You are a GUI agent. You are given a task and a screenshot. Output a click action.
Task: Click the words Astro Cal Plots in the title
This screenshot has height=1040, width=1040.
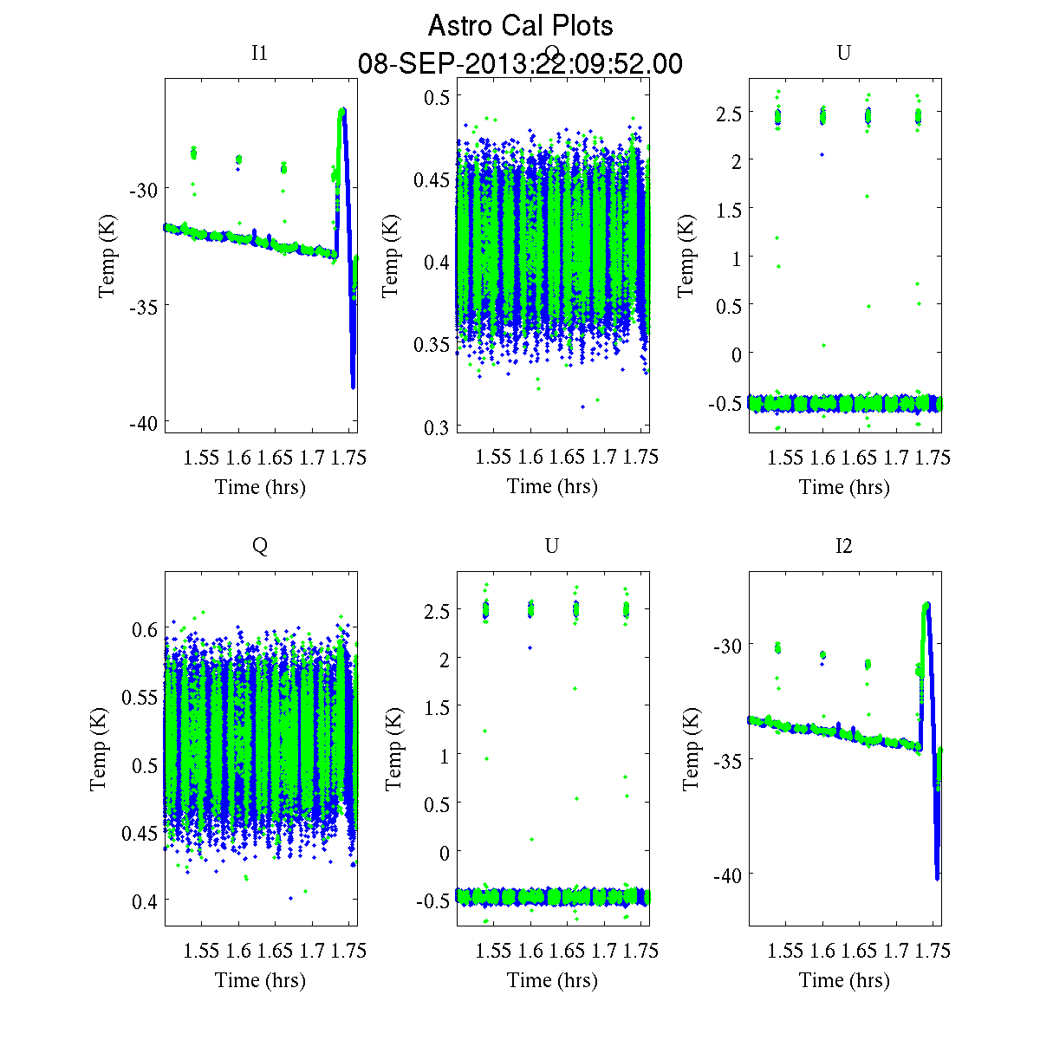point(520,26)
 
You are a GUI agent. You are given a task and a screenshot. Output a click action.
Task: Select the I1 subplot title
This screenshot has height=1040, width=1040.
point(259,54)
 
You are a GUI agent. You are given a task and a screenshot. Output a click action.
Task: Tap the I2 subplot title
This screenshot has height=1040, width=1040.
point(843,546)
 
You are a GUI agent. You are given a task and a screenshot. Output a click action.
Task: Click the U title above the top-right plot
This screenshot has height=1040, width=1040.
point(843,54)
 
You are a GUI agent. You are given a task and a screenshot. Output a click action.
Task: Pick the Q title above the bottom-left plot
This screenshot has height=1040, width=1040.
point(259,546)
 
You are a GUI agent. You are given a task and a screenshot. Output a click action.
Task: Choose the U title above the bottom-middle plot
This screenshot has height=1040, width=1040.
point(551,546)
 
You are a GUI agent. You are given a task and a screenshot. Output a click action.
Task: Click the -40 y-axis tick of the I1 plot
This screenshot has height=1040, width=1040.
point(142,423)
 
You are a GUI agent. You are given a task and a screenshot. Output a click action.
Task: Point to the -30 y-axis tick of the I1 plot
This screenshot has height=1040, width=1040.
point(142,190)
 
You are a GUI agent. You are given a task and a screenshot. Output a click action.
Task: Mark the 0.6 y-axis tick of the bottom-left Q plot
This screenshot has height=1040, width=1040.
point(145,629)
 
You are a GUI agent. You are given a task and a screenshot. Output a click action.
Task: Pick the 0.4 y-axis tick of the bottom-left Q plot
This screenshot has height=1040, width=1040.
point(145,902)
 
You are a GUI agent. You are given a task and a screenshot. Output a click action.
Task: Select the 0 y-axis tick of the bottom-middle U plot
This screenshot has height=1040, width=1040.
point(445,853)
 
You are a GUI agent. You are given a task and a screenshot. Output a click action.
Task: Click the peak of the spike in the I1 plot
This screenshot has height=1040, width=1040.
point(342,111)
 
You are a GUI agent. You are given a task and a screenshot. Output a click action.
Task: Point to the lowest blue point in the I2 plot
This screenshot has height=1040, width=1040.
point(938,878)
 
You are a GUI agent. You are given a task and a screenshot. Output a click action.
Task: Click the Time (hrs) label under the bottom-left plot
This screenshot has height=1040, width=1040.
point(260,980)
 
